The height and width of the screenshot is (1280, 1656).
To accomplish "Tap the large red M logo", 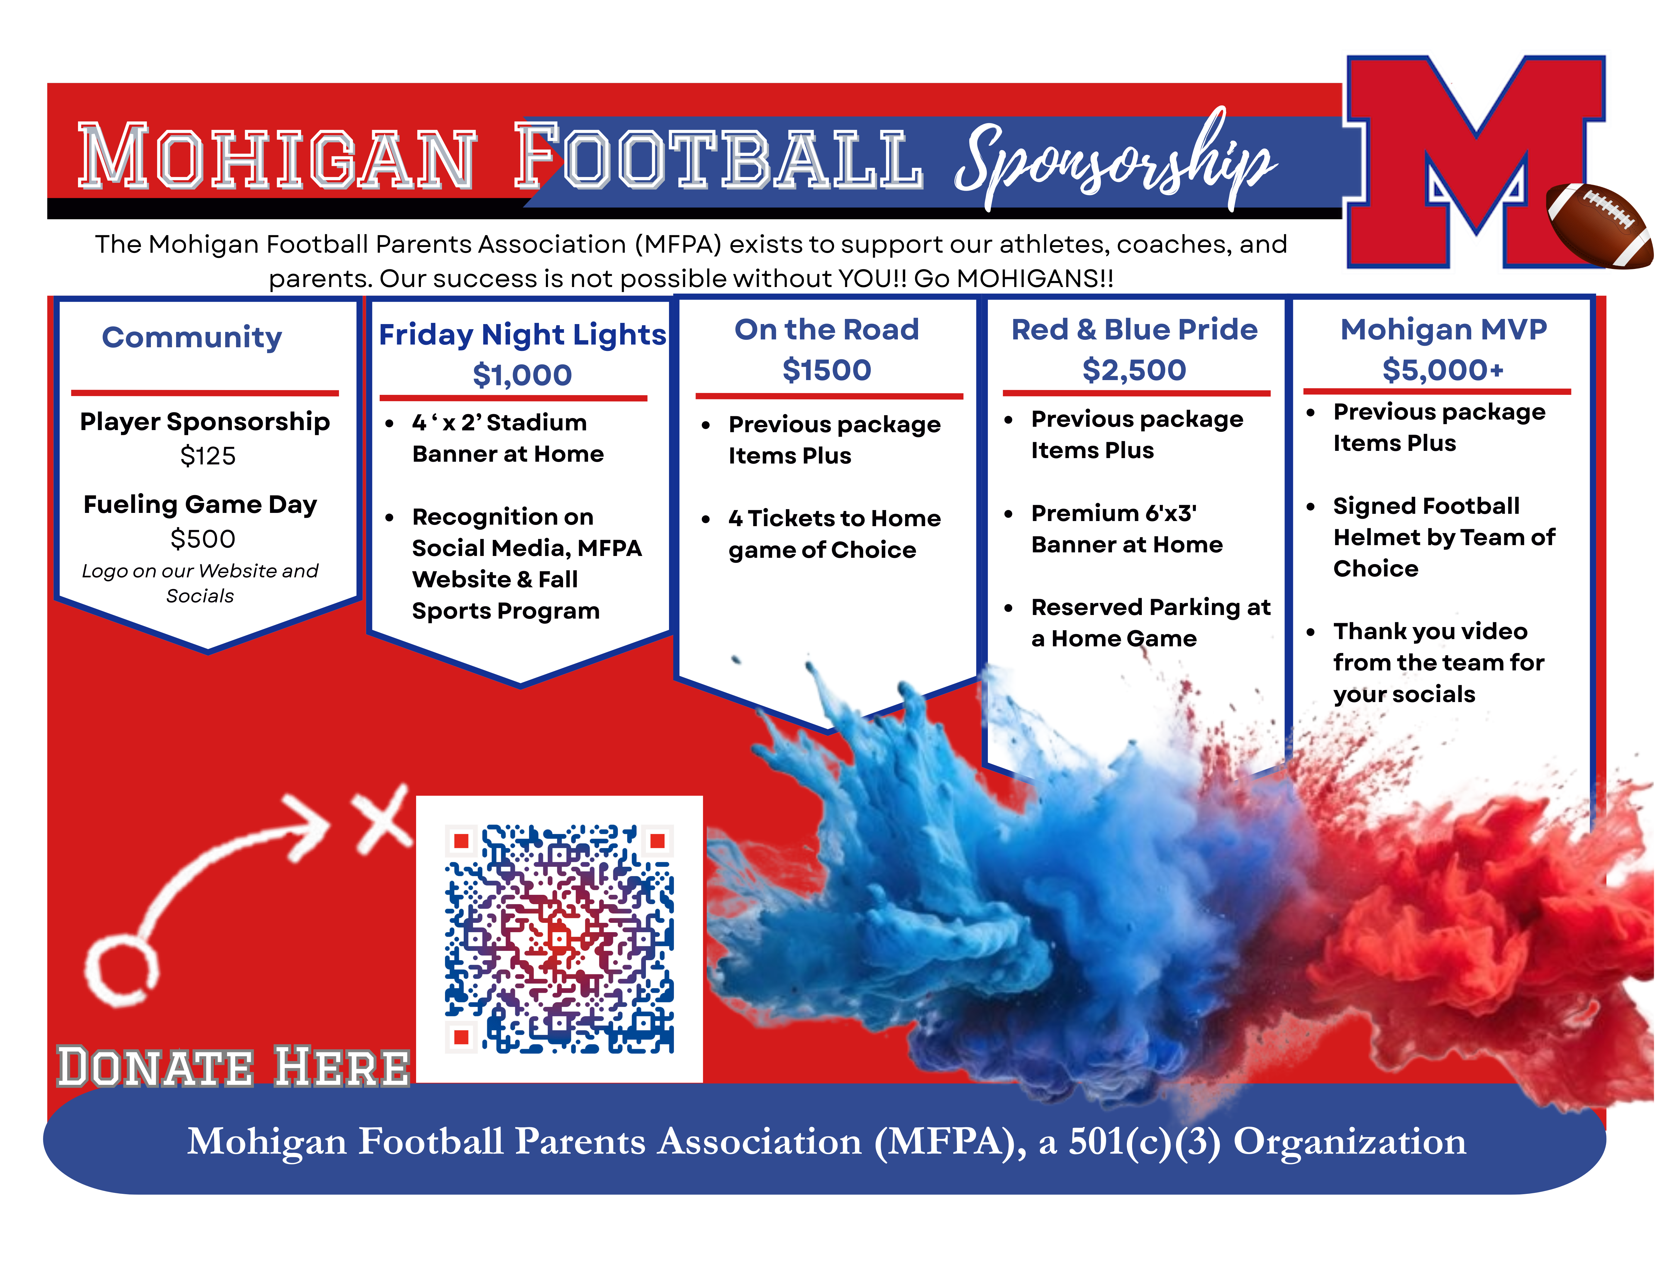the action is click(1475, 161).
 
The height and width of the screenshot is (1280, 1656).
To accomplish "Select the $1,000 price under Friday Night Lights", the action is click(522, 375).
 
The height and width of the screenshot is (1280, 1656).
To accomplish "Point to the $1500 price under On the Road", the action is click(826, 370).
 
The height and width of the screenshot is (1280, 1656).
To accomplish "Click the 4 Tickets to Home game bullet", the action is click(834, 534).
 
